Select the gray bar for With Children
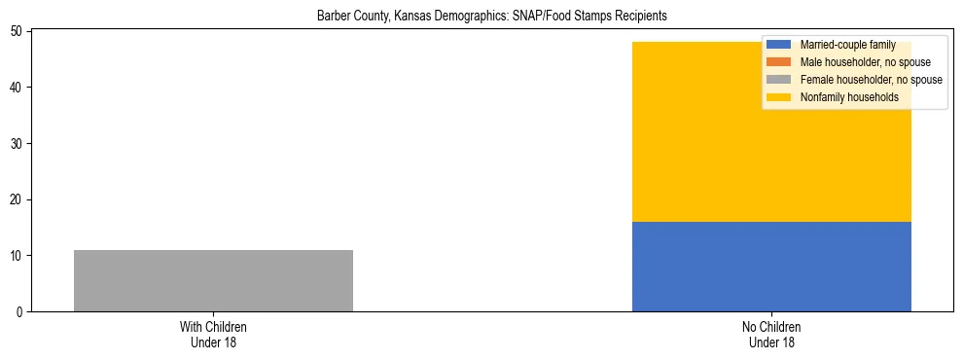(x=213, y=280)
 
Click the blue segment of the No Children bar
(x=771, y=267)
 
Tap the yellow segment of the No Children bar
(x=771, y=146)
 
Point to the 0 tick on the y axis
(x=21, y=312)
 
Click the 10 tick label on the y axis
(x=18, y=256)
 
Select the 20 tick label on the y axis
(x=18, y=199)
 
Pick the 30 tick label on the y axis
(x=18, y=144)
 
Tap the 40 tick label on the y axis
(x=18, y=88)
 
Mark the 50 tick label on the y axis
(x=18, y=32)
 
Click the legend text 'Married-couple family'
(x=847, y=45)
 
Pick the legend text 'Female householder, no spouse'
(x=871, y=80)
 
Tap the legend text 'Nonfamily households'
(x=849, y=97)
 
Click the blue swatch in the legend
(x=779, y=45)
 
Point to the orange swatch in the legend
(x=779, y=62)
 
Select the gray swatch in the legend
(x=779, y=80)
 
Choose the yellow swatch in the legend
(x=779, y=97)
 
